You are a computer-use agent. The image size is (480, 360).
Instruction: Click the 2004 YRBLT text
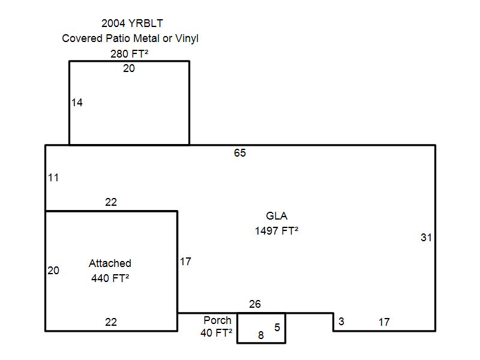[x=132, y=23]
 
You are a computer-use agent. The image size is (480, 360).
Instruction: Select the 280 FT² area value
[x=129, y=54]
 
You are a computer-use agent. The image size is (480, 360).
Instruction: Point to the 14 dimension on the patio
[x=77, y=102]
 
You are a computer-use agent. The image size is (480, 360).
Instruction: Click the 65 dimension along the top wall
[x=239, y=153]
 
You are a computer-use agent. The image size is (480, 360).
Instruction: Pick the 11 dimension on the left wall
[x=53, y=178]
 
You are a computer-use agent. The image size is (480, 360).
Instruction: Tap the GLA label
[x=277, y=216]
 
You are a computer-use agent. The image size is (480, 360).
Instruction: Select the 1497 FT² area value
[x=277, y=231]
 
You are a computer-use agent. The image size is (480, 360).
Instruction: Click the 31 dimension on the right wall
[x=426, y=237]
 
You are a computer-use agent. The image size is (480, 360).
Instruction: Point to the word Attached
[x=110, y=263]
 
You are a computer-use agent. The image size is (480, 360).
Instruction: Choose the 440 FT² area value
[x=110, y=278]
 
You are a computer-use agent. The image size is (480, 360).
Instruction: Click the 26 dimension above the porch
[x=254, y=304]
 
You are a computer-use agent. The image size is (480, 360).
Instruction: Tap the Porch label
[x=217, y=320]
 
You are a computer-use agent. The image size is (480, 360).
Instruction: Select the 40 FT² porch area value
[x=216, y=333]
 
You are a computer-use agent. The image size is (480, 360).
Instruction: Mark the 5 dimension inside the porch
[x=277, y=327]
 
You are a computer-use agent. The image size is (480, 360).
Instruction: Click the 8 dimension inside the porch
[x=261, y=335]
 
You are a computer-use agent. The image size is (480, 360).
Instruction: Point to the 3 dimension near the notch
[x=341, y=321]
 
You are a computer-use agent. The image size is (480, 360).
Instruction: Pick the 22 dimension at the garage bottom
[x=111, y=322]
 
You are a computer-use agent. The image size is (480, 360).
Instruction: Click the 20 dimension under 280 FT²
[x=129, y=68]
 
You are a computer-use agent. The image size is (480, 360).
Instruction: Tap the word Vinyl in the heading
[x=187, y=38]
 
